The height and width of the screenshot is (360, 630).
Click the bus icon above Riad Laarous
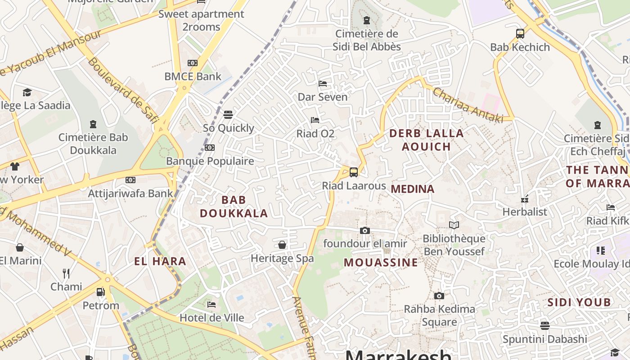pos(354,172)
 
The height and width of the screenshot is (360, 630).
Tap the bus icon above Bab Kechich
pos(520,33)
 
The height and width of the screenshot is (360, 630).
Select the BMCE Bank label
pos(193,76)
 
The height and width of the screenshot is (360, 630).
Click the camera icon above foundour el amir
pos(365,231)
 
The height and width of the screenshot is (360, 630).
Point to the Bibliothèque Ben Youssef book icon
pos(454,225)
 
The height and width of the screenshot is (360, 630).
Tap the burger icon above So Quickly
pos(228,115)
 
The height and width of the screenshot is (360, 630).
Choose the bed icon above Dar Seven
pos(323,84)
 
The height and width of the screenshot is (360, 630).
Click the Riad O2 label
pos(315,134)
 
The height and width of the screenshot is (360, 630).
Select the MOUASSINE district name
pos(381,262)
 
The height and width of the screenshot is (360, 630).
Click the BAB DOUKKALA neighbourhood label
pos(234,207)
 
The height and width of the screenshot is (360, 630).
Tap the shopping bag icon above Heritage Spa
pos(282,245)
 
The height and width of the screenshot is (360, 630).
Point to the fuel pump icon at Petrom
pos(101,292)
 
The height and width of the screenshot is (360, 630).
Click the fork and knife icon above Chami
pos(66,273)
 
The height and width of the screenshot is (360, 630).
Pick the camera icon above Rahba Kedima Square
pos(439,296)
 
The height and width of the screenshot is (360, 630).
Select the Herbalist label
pos(525,211)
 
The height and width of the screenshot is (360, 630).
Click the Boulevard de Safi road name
pos(122,90)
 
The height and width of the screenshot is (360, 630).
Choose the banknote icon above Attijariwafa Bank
pos(130,180)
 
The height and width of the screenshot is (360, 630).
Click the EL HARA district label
pos(160,261)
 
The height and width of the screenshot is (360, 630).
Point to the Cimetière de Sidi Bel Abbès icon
pos(367,20)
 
